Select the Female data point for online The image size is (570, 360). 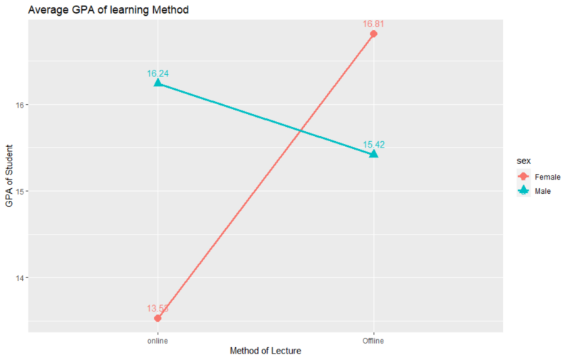[157, 318]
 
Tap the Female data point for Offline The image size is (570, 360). [373, 34]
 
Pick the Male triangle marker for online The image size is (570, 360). [157, 83]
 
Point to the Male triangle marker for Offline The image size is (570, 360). [373, 154]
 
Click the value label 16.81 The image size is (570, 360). [373, 24]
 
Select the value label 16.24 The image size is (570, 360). [157, 73]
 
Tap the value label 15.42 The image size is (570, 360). [373, 144]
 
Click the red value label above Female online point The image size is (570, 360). [157, 308]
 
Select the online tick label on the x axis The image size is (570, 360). [157, 341]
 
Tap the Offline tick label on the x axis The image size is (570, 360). [373, 341]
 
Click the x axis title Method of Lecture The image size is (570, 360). [265, 352]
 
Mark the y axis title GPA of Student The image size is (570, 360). [9, 173]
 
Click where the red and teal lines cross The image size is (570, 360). [302, 130]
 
